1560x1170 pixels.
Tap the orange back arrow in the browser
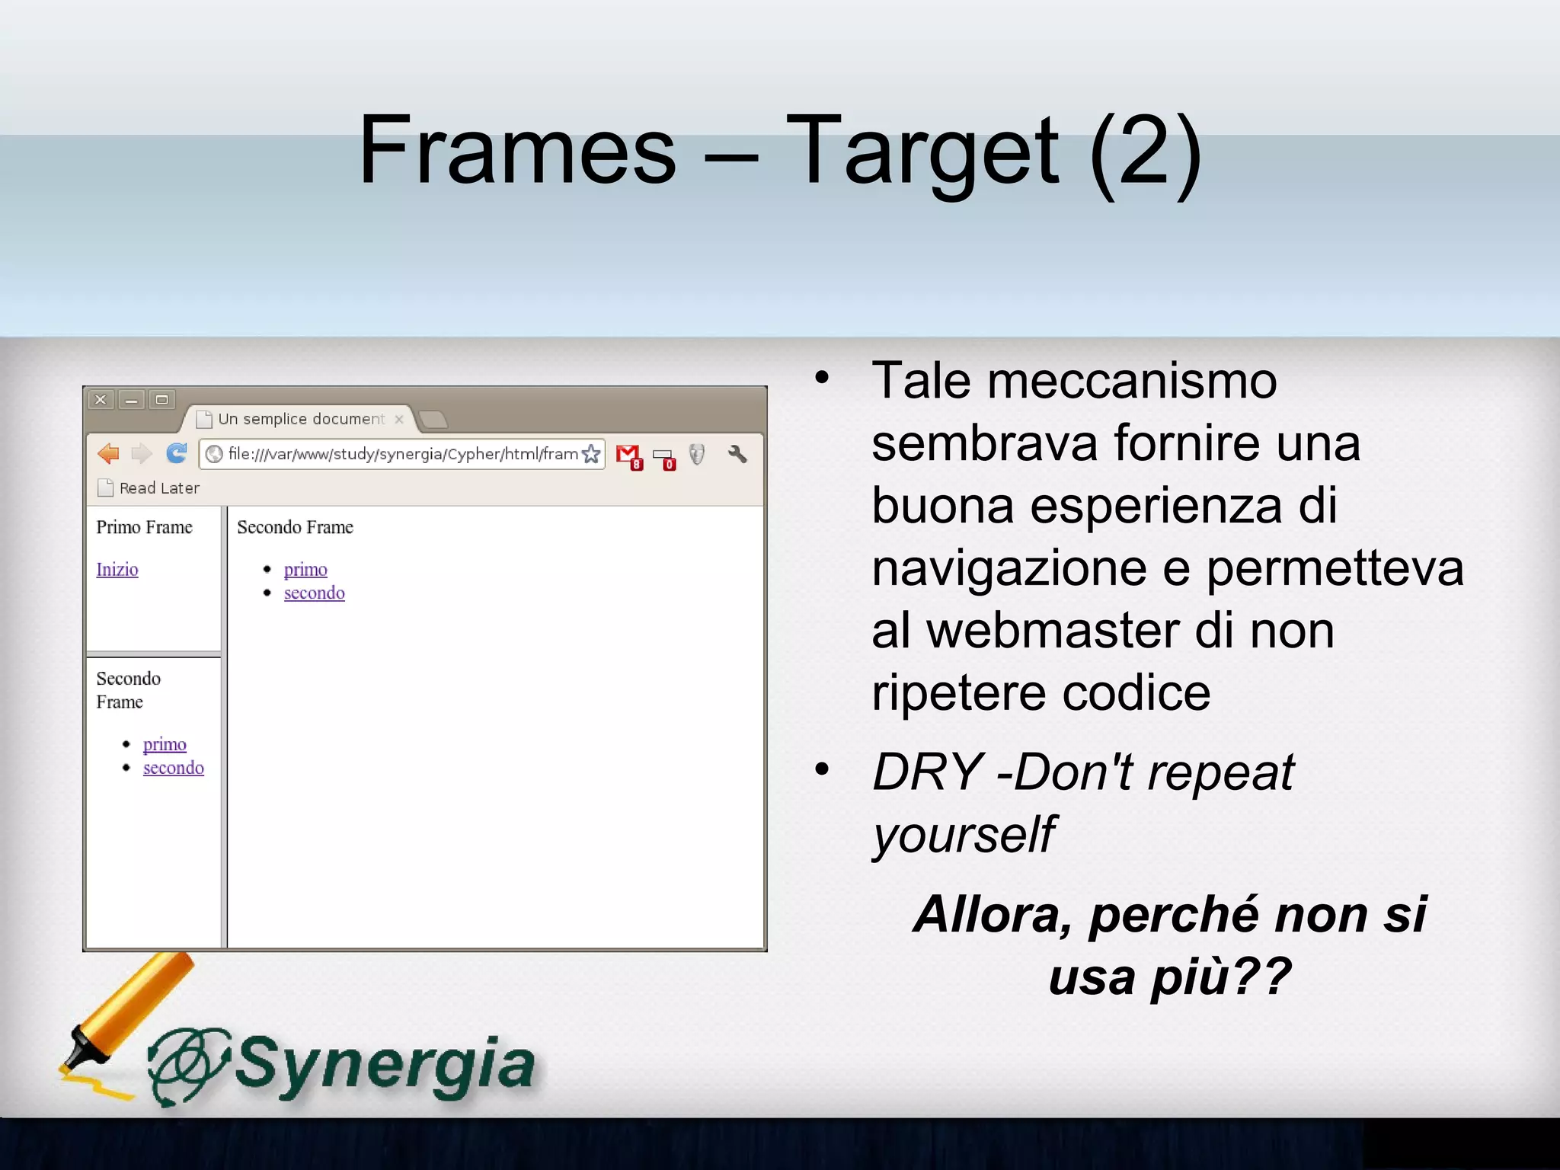point(108,454)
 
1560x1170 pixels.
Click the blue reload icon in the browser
point(177,454)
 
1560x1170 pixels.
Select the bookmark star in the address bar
point(591,455)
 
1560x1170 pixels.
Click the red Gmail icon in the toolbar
point(628,456)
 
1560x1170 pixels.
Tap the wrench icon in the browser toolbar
point(737,455)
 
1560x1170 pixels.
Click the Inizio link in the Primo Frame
point(117,570)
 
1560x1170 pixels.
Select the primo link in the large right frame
point(305,570)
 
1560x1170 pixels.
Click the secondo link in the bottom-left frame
point(174,768)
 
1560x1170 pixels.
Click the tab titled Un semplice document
point(300,419)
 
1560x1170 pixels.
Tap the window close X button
point(101,400)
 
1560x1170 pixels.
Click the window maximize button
point(161,400)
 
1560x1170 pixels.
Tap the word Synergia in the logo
point(385,1065)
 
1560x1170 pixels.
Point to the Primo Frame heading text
point(144,527)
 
